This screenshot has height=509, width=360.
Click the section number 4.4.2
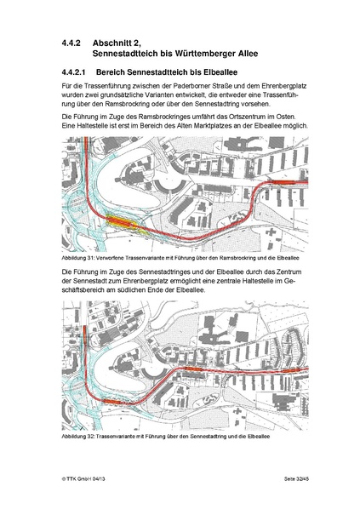click(71, 40)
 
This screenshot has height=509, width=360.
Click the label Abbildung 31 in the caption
click(82, 255)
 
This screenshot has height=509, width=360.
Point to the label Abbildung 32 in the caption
click(82, 436)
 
